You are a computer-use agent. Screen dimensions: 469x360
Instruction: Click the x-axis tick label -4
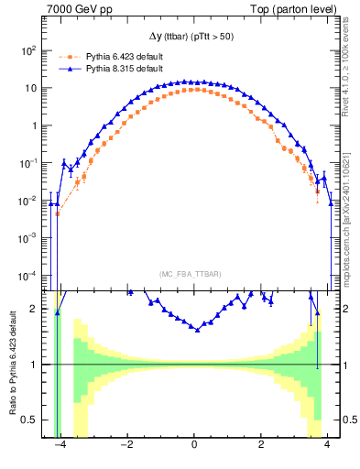click(x=60, y=448)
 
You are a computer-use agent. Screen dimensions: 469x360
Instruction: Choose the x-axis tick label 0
click(x=194, y=448)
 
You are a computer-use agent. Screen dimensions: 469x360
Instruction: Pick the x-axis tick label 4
click(x=328, y=448)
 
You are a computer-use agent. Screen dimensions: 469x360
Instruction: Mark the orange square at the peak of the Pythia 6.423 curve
click(x=194, y=90)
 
